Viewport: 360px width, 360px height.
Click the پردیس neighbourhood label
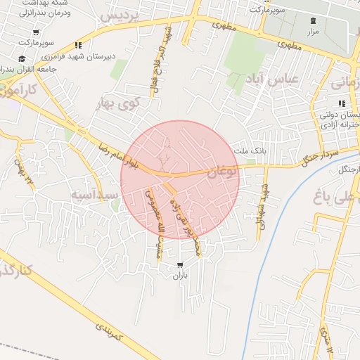tap(118, 15)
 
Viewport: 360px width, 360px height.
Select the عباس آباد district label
tap(270, 79)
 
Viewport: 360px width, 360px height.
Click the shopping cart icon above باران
tap(181, 266)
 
